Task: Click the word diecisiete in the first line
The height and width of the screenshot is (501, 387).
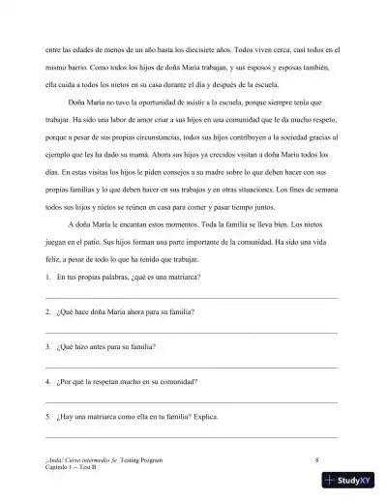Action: click(x=211, y=47)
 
